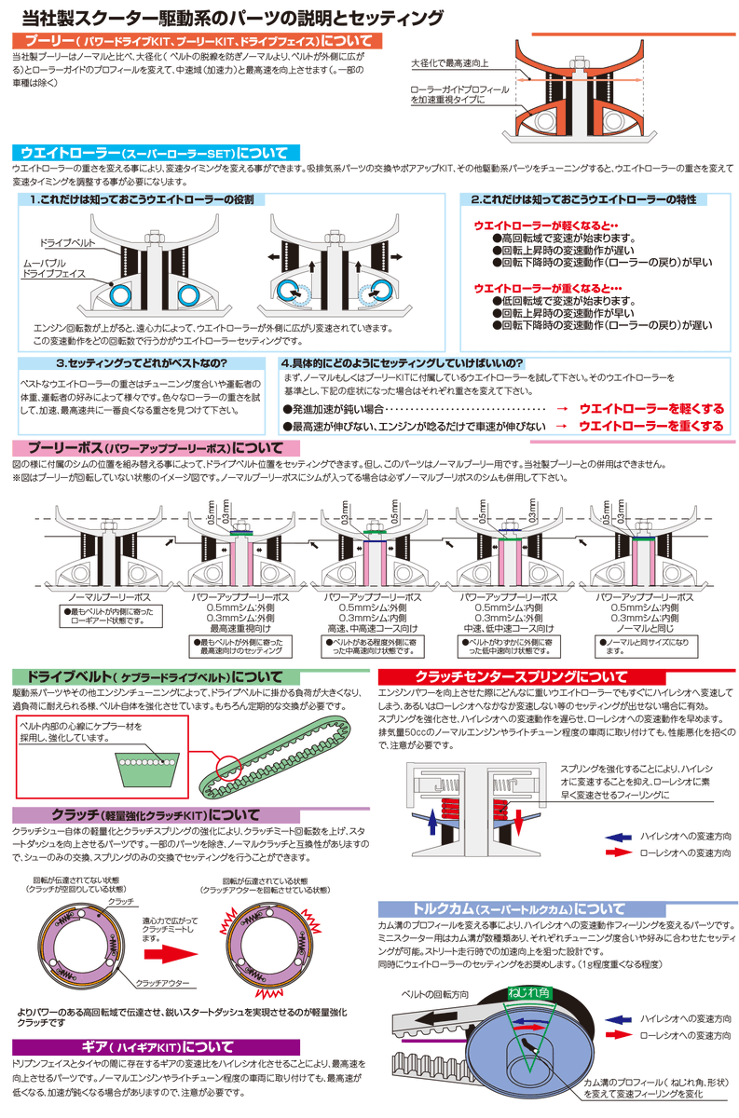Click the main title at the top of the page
[234, 18]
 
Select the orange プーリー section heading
[197, 42]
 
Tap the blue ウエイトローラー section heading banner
[155, 152]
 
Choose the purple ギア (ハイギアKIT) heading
[155, 1046]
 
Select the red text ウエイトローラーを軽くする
[650, 409]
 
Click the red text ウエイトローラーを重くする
[650, 426]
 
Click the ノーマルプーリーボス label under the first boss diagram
[111, 595]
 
